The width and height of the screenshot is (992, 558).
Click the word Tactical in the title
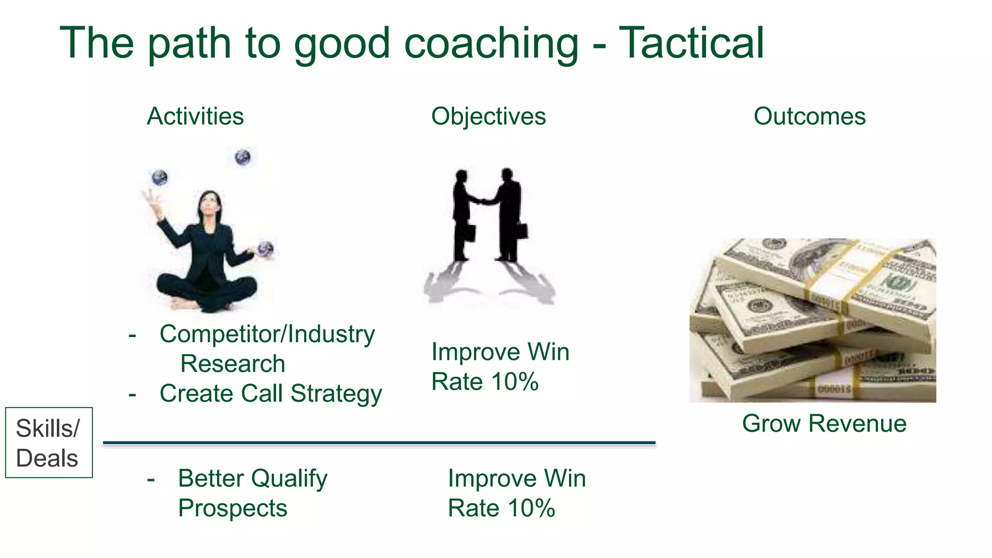(x=691, y=44)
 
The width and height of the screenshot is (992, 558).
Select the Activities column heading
(x=195, y=116)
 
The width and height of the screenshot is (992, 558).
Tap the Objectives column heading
(x=488, y=116)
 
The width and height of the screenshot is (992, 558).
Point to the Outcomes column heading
(x=809, y=116)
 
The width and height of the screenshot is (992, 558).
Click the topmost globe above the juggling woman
(x=243, y=157)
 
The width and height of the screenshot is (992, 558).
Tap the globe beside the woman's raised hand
(x=159, y=178)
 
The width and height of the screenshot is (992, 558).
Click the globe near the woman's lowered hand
(x=265, y=248)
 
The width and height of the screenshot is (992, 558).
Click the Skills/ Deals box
(x=48, y=443)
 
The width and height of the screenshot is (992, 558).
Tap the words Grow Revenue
(x=824, y=423)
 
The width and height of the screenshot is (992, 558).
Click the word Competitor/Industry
(x=267, y=334)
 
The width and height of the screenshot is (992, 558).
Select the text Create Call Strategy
(x=270, y=393)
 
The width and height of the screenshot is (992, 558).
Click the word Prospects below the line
(x=232, y=508)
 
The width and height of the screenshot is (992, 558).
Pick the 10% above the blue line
(x=514, y=382)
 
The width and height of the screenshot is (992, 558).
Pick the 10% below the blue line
(x=531, y=508)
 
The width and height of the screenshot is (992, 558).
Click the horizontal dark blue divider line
(x=379, y=443)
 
